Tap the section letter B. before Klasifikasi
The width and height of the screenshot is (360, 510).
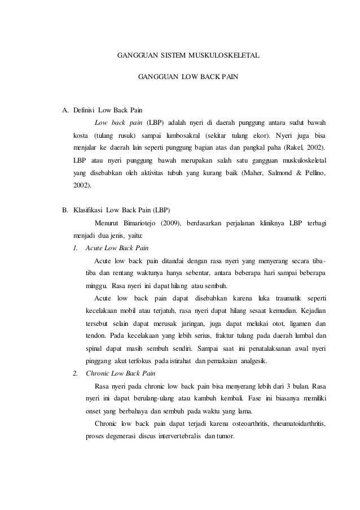[x=64, y=210]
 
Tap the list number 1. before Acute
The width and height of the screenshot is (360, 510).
[x=76, y=248]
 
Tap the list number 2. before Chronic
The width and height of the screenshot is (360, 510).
[x=76, y=373]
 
